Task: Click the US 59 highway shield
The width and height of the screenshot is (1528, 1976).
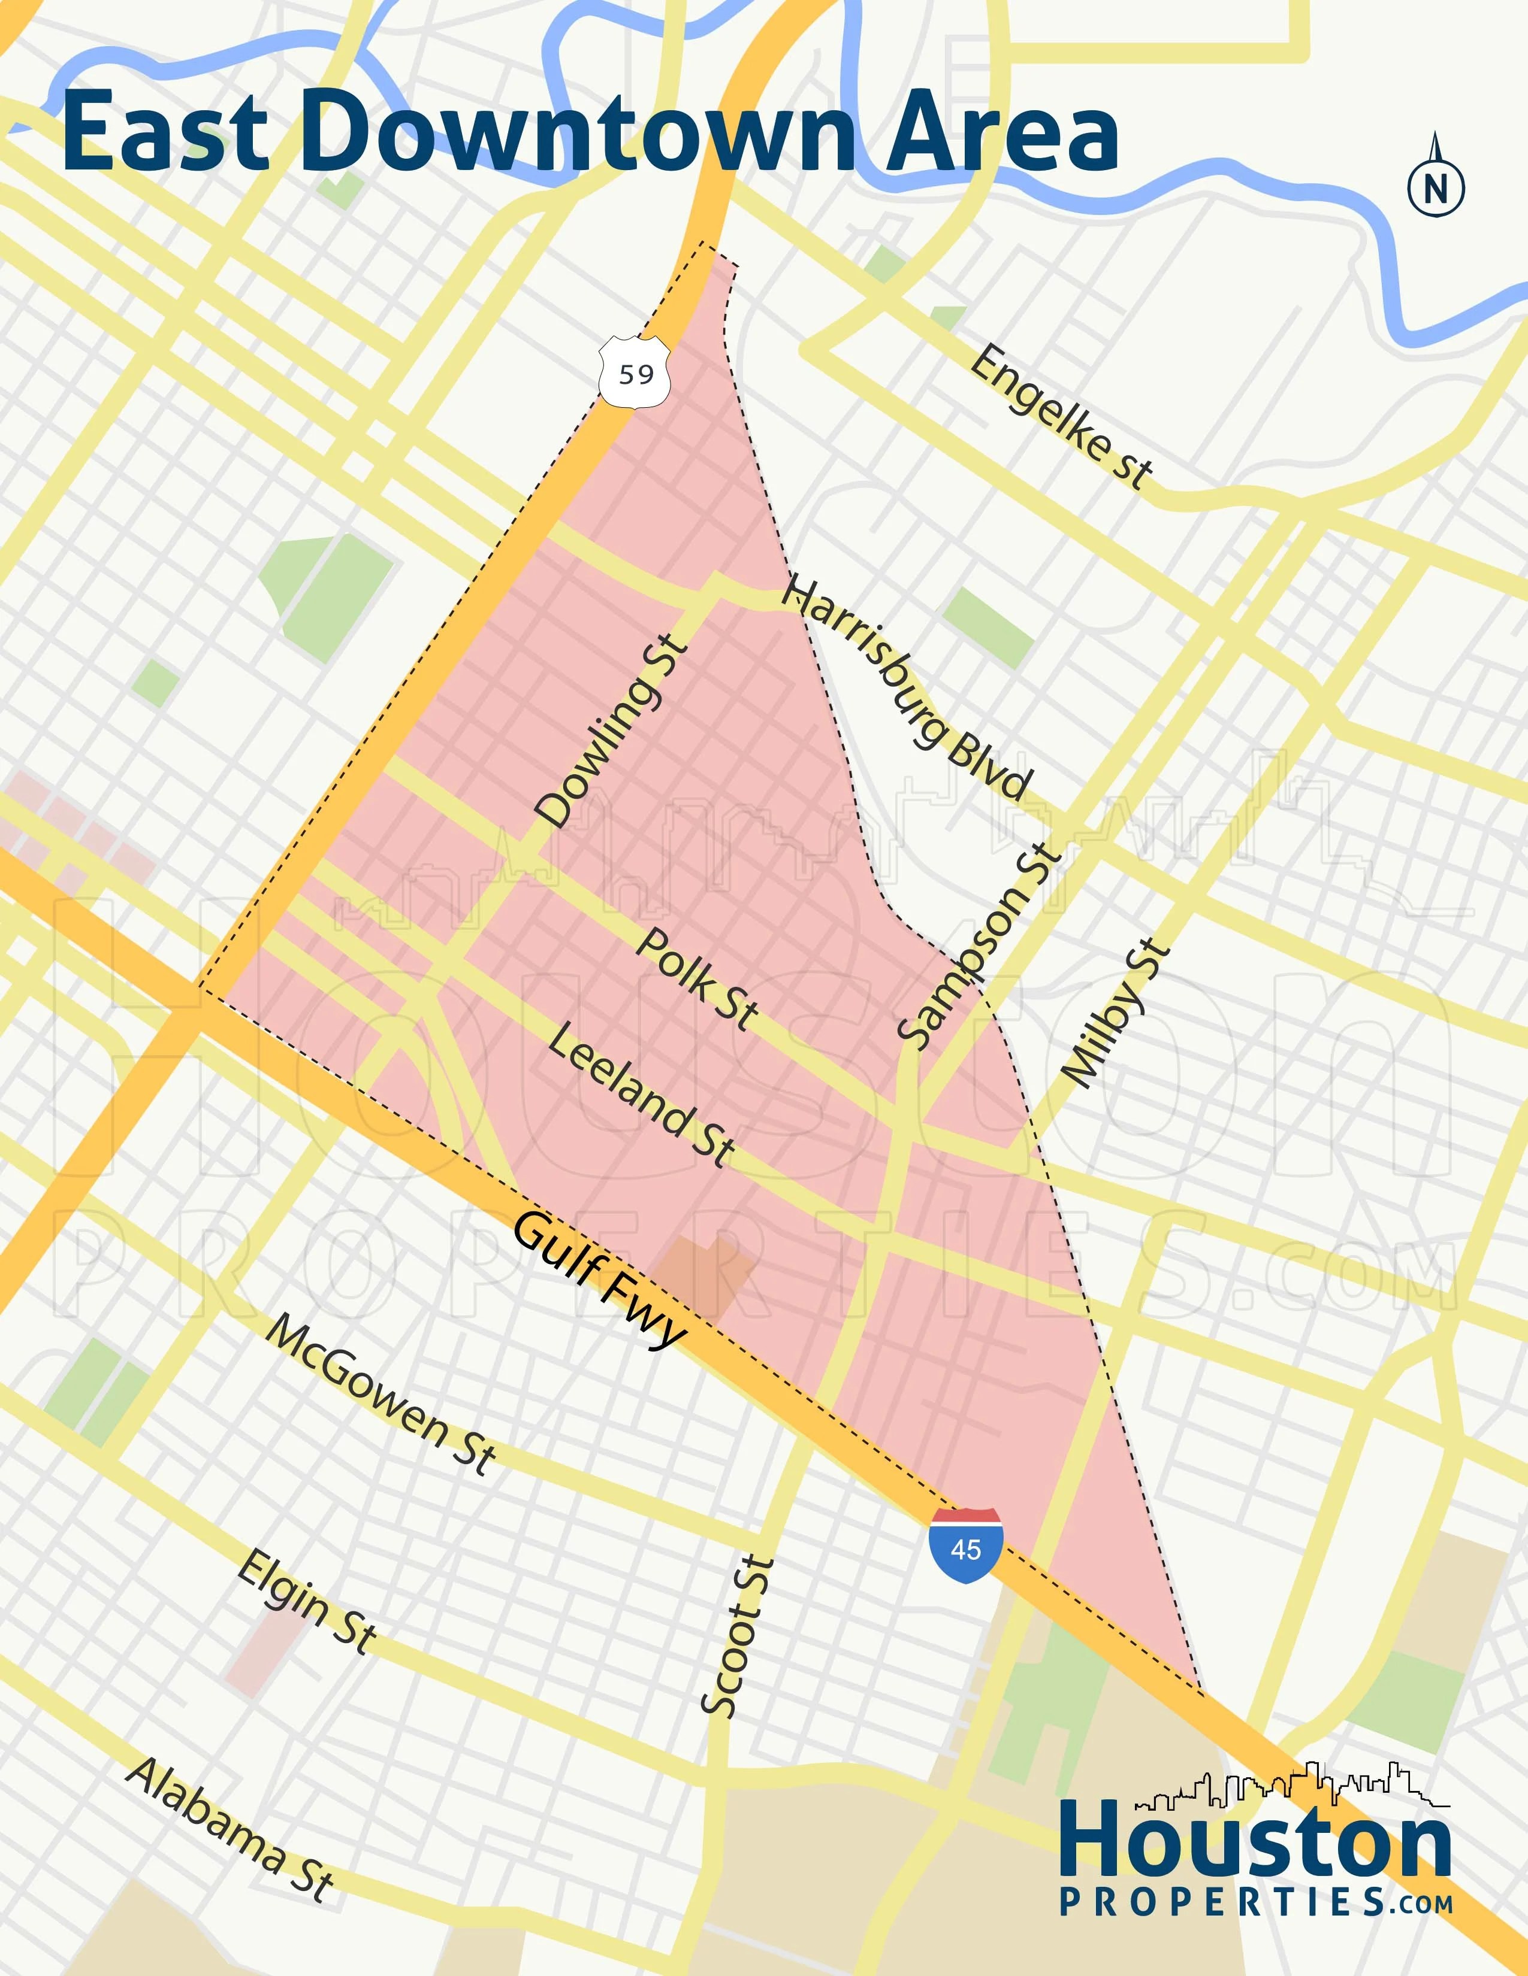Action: (635, 372)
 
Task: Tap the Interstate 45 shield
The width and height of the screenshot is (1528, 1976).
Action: (965, 1545)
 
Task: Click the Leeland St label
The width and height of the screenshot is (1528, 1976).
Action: (642, 1095)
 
